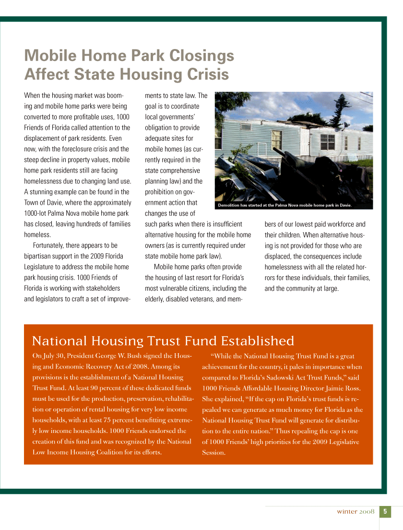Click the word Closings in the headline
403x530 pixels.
click(x=198, y=56)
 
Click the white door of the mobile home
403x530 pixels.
click(x=276, y=139)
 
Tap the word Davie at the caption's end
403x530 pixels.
click(x=345, y=206)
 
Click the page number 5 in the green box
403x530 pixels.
click(x=385, y=512)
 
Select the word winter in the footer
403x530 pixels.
click(x=346, y=512)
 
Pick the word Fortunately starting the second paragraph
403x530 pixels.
click(x=51, y=246)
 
